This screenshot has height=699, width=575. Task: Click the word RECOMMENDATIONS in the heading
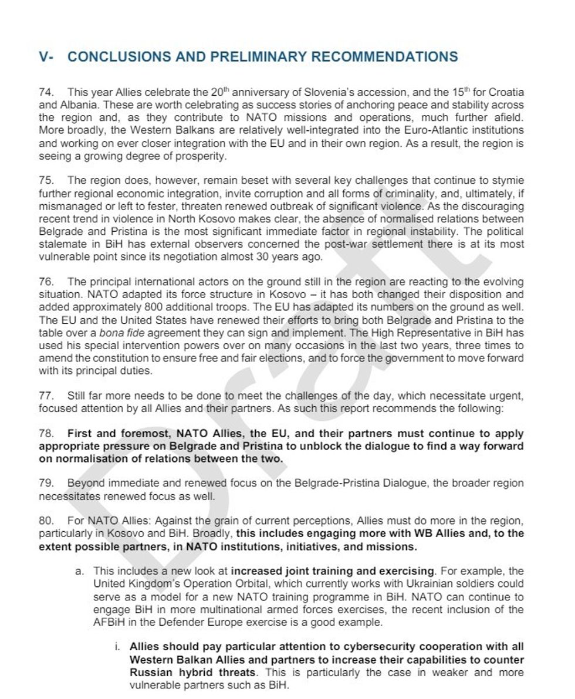click(x=384, y=57)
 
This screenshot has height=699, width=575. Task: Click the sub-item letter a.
click(x=79, y=570)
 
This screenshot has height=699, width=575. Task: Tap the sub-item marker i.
click(x=116, y=647)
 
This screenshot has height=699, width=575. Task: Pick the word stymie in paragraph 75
click(x=510, y=181)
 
